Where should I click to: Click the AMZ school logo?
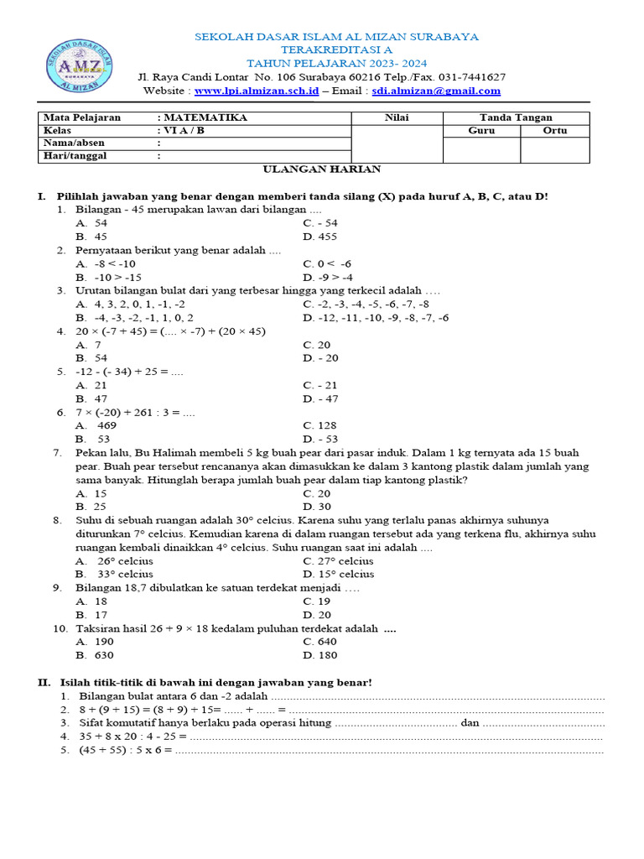coord(80,64)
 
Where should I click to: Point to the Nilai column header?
coord(397,117)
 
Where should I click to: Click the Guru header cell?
coord(481,131)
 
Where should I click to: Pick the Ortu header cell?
coord(555,131)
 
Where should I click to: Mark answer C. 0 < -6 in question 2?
coord(327,263)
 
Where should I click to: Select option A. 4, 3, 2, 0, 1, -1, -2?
coord(131,304)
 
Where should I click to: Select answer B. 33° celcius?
coord(114,575)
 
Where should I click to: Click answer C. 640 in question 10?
coord(320,642)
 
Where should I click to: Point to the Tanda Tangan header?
coord(516,117)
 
